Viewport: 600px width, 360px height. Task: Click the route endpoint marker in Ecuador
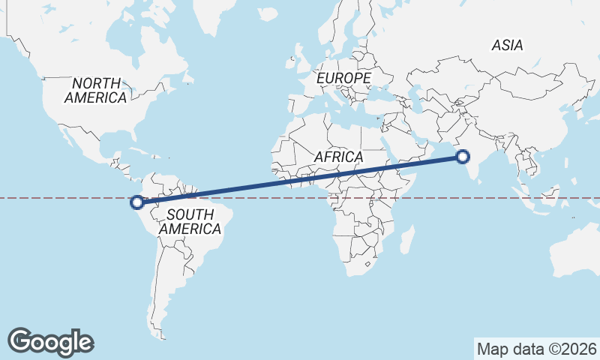[137, 201]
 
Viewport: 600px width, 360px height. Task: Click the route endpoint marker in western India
[463, 157]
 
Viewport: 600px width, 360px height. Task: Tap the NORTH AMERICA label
[95, 90]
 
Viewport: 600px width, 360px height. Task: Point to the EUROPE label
[343, 78]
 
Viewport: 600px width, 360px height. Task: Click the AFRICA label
[339, 157]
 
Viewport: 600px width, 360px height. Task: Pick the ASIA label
[507, 46]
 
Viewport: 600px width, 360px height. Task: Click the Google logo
[51, 341]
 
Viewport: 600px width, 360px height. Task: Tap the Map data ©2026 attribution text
[537, 349]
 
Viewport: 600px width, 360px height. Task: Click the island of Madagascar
[407, 238]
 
